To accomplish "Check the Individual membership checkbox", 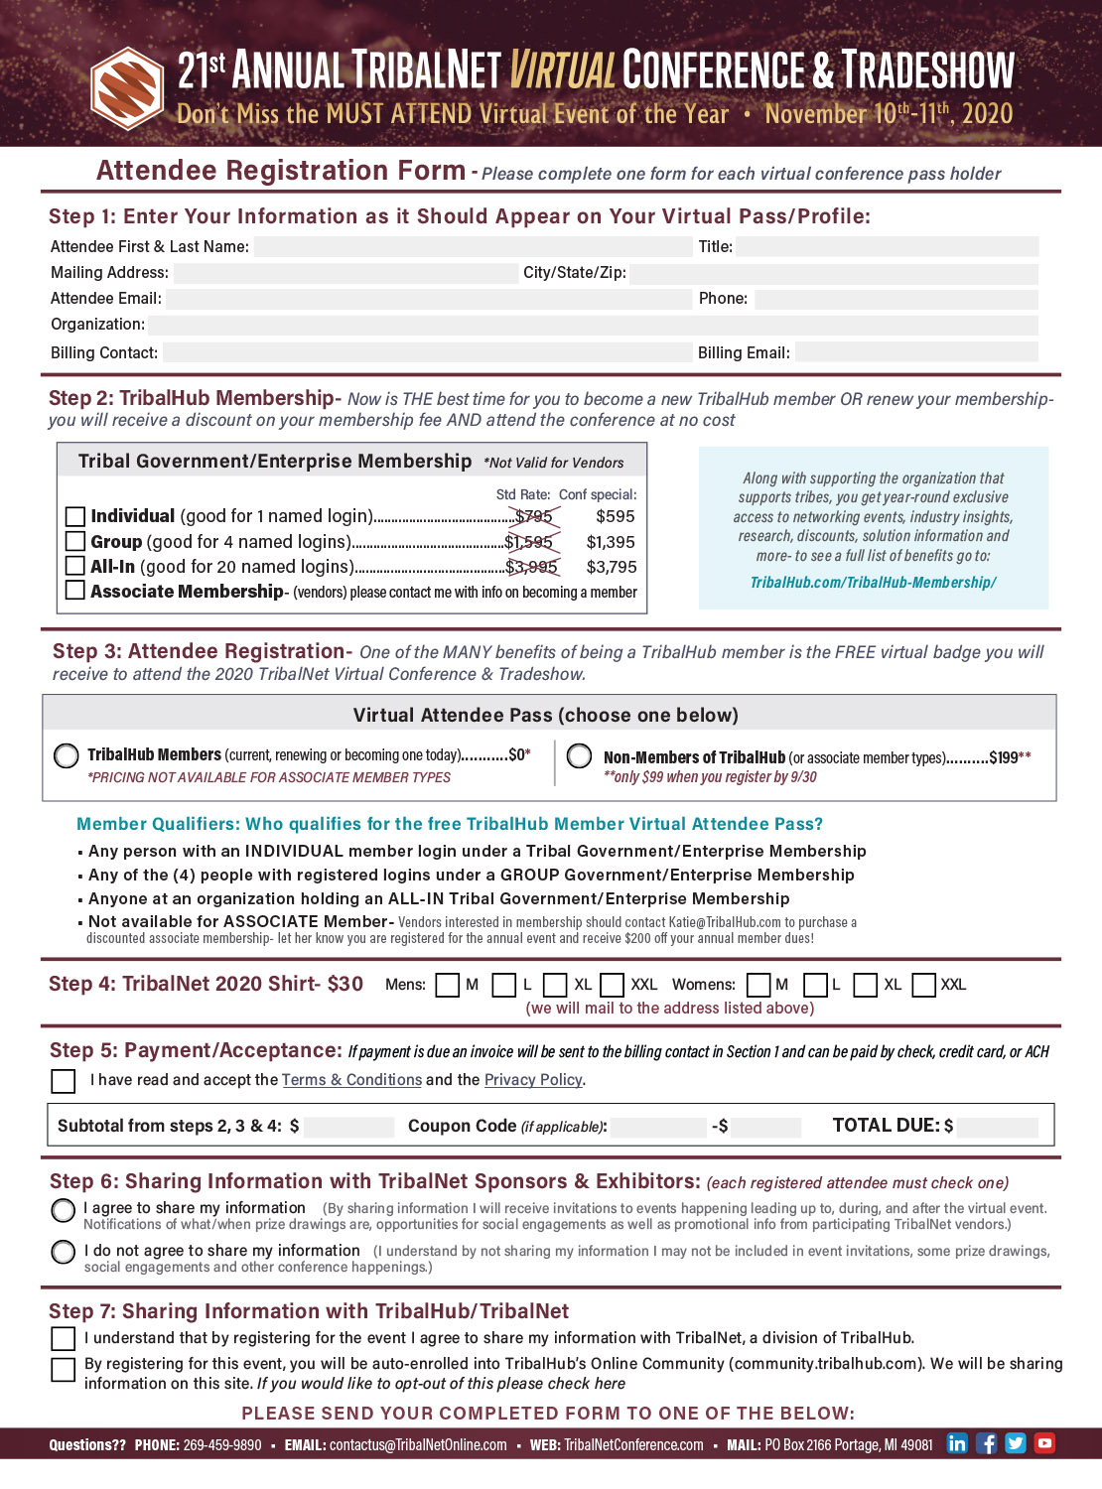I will [x=74, y=516].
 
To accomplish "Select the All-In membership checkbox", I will [x=74, y=566].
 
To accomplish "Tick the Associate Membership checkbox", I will [x=74, y=591].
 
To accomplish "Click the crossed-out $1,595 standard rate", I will [x=529, y=542].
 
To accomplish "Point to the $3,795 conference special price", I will [x=612, y=567].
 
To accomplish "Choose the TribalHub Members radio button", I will [x=67, y=755].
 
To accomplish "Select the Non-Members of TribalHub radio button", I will [x=579, y=756].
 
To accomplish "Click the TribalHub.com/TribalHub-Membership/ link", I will [x=873, y=583].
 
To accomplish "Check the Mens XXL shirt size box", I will [x=613, y=985].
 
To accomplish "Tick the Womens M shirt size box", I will [x=758, y=985].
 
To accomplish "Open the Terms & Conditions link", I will [x=351, y=1080].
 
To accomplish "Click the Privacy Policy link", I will [x=533, y=1080].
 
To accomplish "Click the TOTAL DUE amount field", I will [x=998, y=1127].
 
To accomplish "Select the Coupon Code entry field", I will [x=658, y=1127].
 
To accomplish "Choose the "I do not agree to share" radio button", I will [x=64, y=1252].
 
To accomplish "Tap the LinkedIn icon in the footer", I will [x=957, y=1443].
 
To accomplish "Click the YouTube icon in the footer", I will [x=1044, y=1443].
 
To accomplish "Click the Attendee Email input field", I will [x=427, y=299].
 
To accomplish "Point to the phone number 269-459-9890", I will [x=222, y=1445].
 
